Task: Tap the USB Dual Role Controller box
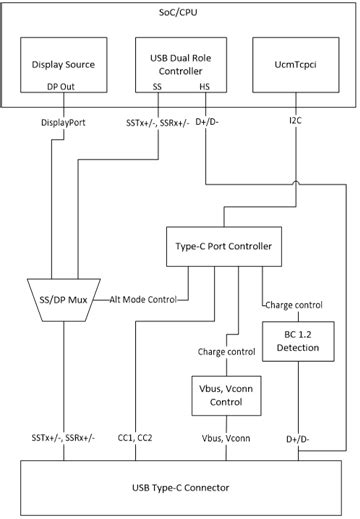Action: [179, 65]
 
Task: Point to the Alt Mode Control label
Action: [143, 298]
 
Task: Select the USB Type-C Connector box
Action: [179, 487]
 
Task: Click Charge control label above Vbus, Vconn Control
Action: [227, 352]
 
